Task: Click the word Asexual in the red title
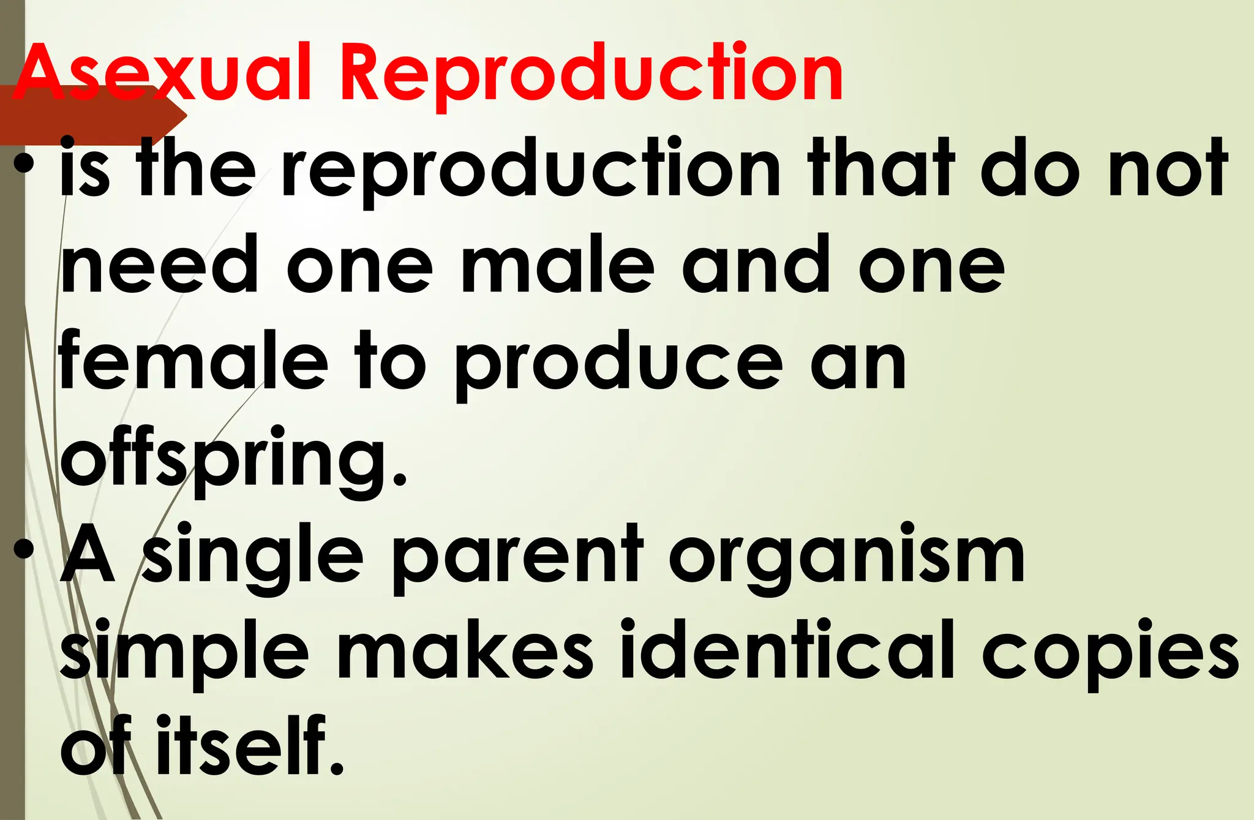163,72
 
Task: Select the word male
558,266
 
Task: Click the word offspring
233,459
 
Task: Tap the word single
253,558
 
